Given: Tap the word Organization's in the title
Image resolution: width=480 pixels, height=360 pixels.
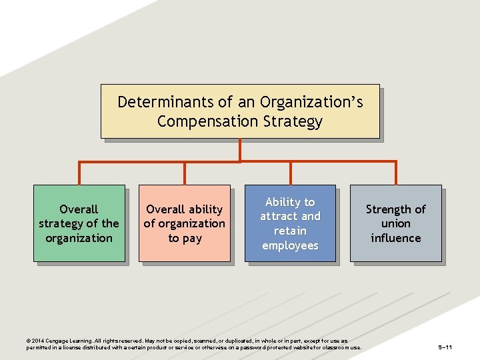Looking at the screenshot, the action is click(311, 102).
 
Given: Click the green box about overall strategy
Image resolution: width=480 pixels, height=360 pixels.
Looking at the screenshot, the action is click(79, 223).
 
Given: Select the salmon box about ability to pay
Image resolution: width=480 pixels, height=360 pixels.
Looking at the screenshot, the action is click(185, 223).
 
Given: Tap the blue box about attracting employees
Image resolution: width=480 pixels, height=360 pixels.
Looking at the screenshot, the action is click(290, 223).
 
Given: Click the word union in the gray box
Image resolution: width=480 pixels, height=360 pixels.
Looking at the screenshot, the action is click(396, 223).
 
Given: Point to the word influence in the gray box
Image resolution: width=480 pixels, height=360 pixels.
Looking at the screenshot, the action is click(396, 238).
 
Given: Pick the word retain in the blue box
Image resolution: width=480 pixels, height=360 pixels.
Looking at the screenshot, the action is click(290, 231).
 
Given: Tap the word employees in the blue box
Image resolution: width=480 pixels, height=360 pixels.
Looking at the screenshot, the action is click(290, 245).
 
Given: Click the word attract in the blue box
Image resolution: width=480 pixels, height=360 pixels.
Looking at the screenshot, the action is click(276, 216).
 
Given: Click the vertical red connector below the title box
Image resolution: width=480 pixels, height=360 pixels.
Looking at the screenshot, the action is click(240, 150).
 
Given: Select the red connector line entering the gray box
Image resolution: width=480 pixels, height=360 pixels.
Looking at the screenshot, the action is click(396, 173).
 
